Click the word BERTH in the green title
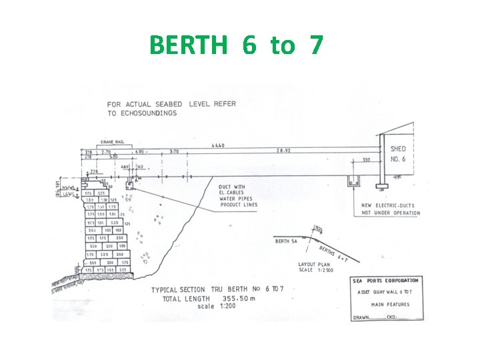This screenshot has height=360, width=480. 188,45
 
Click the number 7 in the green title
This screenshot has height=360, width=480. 315,45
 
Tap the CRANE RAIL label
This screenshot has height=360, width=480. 111,141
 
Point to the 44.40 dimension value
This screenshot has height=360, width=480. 218,145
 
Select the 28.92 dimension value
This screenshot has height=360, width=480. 284,152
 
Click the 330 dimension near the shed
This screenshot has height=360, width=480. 365,160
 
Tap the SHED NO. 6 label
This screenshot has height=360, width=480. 398,153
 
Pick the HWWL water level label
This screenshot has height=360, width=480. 69,189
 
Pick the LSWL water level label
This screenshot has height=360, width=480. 69,194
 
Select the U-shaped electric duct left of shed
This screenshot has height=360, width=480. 354,181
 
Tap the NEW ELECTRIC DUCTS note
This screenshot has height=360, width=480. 390,209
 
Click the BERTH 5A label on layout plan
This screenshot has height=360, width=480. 287,241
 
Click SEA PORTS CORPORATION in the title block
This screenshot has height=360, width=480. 387,281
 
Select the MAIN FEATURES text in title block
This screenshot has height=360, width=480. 391,305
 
